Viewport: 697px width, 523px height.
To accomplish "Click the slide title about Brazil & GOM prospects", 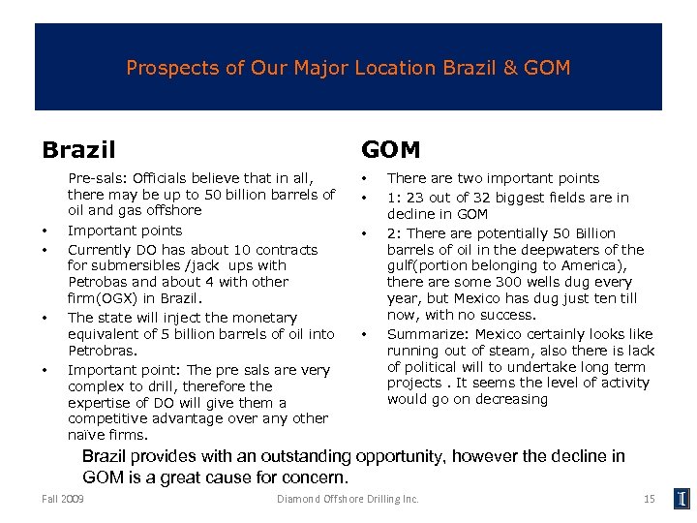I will (348, 69).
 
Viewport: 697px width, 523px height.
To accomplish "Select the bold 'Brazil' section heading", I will (78, 150).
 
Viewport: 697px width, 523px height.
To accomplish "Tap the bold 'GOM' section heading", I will (390, 150).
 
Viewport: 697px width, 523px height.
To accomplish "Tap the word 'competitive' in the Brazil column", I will (107, 419).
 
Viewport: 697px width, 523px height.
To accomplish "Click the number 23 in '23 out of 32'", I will (416, 197).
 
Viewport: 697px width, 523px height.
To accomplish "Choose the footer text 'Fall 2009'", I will (63, 499).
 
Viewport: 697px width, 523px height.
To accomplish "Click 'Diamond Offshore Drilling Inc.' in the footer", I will (348, 499).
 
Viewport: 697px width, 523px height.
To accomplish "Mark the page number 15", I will (649, 499).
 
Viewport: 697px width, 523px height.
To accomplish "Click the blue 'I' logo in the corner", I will (682, 499).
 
